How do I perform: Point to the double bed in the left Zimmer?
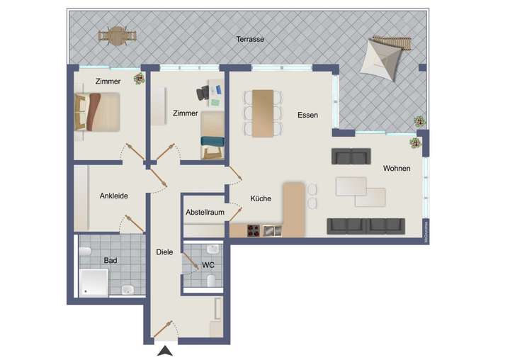point(98,111)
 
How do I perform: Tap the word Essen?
point(307,115)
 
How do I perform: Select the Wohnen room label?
point(397,169)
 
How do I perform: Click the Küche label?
point(260,199)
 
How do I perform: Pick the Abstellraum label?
point(205,213)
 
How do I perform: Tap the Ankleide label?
point(113,196)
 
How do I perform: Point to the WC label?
point(208,265)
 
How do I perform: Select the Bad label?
point(110,260)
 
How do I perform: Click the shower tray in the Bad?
point(93,282)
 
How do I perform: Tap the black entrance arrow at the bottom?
point(165,350)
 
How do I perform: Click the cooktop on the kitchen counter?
point(253,230)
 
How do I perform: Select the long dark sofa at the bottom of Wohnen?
point(365,225)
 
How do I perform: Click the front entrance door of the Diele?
point(164,330)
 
